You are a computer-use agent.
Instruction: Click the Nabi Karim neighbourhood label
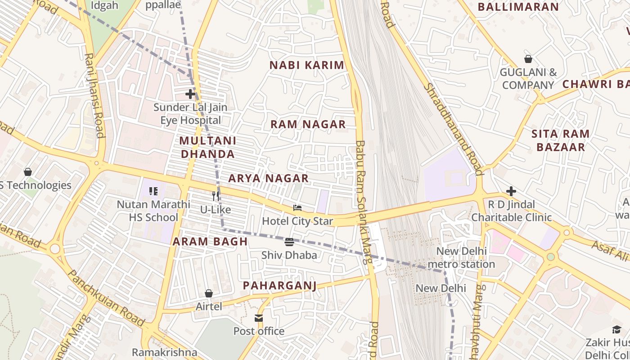(x=307, y=65)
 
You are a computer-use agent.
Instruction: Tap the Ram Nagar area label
(x=308, y=124)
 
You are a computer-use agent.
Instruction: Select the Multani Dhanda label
(x=207, y=147)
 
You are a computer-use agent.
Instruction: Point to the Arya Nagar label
(x=268, y=178)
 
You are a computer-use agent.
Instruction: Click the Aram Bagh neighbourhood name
(x=210, y=241)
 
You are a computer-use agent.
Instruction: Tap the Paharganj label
(x=279, y=285)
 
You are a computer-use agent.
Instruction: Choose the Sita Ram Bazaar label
(x=560, y=140)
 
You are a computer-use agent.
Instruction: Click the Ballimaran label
(x=518, y=7)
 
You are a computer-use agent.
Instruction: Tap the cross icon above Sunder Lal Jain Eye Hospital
(x=190, y=94)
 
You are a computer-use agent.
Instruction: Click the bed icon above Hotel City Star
(x=297, y=208)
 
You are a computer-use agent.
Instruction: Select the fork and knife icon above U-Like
(x=216, y=196)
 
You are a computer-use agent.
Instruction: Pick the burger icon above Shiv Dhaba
(x=289, y=242)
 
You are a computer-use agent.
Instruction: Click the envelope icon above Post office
(x=259, y=319)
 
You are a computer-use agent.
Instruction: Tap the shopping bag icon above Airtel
(x=209, y=293)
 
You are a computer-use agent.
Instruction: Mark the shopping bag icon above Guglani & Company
(x=528, y=59)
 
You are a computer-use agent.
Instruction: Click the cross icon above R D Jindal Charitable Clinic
(x=511, y=191)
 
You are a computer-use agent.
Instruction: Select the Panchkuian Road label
(x=106, y=298)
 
